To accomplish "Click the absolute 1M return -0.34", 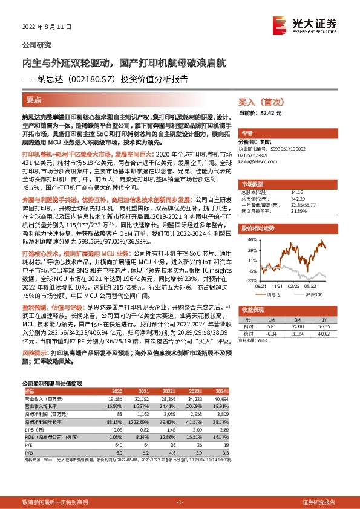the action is [x=270, y=332].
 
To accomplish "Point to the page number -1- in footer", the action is [x=179, y=503].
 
